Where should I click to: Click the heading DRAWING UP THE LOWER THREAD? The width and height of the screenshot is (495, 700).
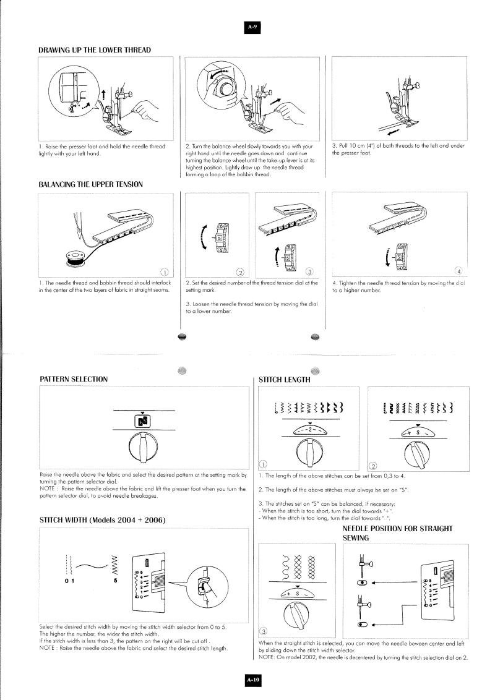(95, 49)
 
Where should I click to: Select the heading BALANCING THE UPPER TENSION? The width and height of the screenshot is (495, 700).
(90, 184)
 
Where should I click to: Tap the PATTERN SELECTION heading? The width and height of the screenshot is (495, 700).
(73, 378)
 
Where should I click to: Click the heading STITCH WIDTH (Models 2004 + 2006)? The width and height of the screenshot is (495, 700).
(102, 519)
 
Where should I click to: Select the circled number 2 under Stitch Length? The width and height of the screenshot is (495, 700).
(373, 466)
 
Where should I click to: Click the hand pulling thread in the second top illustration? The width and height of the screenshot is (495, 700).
(288, 109)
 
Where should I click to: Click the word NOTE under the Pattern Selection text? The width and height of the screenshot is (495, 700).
(48, 489)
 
